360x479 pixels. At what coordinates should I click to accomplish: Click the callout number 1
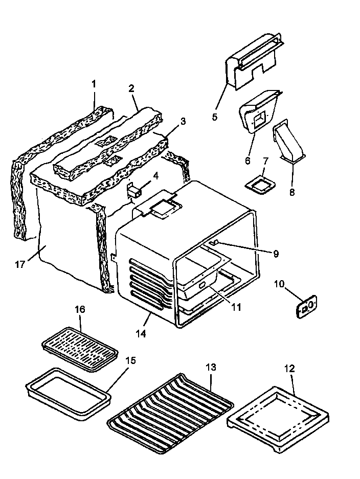point(94,83)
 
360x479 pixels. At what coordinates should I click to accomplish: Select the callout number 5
point(215,117)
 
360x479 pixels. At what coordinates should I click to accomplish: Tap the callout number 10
point(280,283)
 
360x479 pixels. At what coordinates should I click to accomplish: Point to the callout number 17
point(20,264)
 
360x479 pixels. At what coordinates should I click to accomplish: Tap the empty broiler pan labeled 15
point(68,390)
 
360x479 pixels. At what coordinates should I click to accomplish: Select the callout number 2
point(131,88)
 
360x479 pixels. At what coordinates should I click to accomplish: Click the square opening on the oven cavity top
point(164,208)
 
